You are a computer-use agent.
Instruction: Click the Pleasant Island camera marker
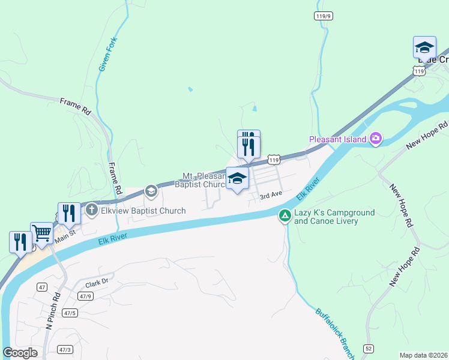coord(376,139)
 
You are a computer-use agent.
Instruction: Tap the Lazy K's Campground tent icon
coord(285,215)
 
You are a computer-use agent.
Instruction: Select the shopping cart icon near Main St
coord(42,233)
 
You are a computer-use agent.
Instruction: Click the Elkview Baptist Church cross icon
coord(91,210)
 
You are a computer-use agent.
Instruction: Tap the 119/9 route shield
coord(323,16)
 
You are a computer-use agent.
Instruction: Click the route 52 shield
coord(368,348)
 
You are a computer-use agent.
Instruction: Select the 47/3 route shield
coord(64,349)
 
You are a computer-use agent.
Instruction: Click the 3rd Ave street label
coord(271,195)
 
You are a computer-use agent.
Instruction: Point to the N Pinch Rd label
coord(53,311)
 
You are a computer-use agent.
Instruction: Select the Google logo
coord(20,353)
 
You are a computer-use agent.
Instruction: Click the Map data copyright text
coord(424,355)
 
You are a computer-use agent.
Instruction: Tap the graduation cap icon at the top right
coord(424,47)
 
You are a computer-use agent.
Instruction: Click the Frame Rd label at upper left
coord(75,107)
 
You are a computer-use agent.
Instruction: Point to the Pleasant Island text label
coord(337,140)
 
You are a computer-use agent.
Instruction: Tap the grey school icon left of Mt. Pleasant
coord(151,191)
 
